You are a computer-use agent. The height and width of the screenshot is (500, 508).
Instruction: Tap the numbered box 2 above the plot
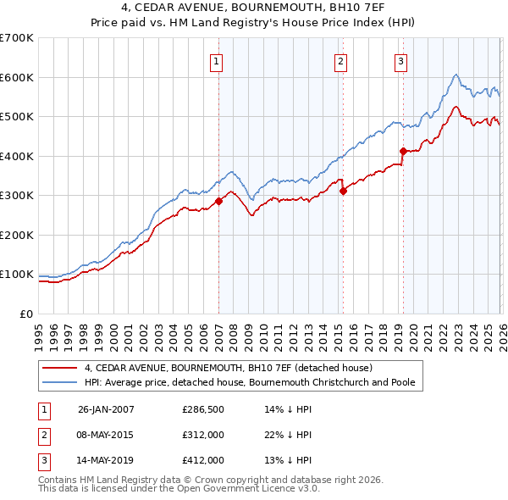tap(340, 61)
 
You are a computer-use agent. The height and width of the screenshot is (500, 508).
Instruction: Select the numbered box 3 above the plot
tap(400, 61)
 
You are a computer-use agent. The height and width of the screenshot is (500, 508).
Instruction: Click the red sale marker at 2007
tap(218, 201)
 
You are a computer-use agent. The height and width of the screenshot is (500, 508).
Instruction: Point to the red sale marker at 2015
tap(343, 191)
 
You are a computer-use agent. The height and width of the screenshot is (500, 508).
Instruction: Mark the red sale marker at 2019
tap(403, 152)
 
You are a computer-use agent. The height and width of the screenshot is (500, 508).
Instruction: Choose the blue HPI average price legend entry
tap(249, 383)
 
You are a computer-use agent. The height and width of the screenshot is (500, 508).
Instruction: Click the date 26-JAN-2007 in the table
tap(106, 409)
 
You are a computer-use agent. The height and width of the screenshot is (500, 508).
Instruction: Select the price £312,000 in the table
tap(202, 435)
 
